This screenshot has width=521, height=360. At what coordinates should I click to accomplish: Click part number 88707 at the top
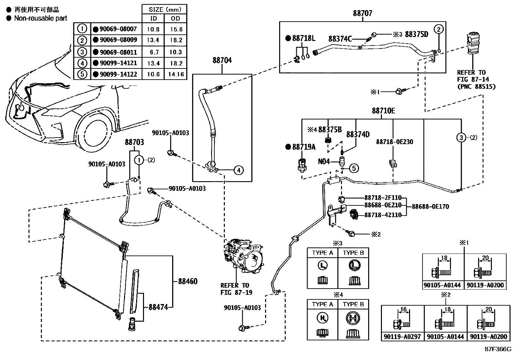pyautogui.click(x=362, y=13)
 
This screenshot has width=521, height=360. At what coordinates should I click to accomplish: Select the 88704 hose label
pyautogui.click(x=222, y=60)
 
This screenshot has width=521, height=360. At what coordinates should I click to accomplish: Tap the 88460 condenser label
pyautogui.click(x=188, y=281)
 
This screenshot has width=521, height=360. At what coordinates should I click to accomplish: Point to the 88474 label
pyautogui.click(x=158, y=307)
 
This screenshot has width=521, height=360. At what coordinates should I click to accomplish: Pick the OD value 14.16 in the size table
pyautogui.click(x=176, y=74)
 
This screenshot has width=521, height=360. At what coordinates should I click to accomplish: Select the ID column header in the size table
pyautogui.click(x=153, y=19)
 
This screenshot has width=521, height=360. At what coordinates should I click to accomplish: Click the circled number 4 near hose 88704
pyautogui.click(x=239, y=170)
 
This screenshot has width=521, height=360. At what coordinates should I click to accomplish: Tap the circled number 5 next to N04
pyautogui.click(x=354, y=168)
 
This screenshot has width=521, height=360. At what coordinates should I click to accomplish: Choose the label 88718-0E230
pyautogui.click(x=394, y=142)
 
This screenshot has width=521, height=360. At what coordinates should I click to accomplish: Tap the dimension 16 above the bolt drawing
pyautogui.click(x=403, y=310)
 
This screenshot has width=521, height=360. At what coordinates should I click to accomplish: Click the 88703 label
pyautogui.click(x=134, y=142)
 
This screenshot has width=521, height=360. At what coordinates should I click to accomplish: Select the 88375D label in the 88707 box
pyautogui.click(x=416, y=34)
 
